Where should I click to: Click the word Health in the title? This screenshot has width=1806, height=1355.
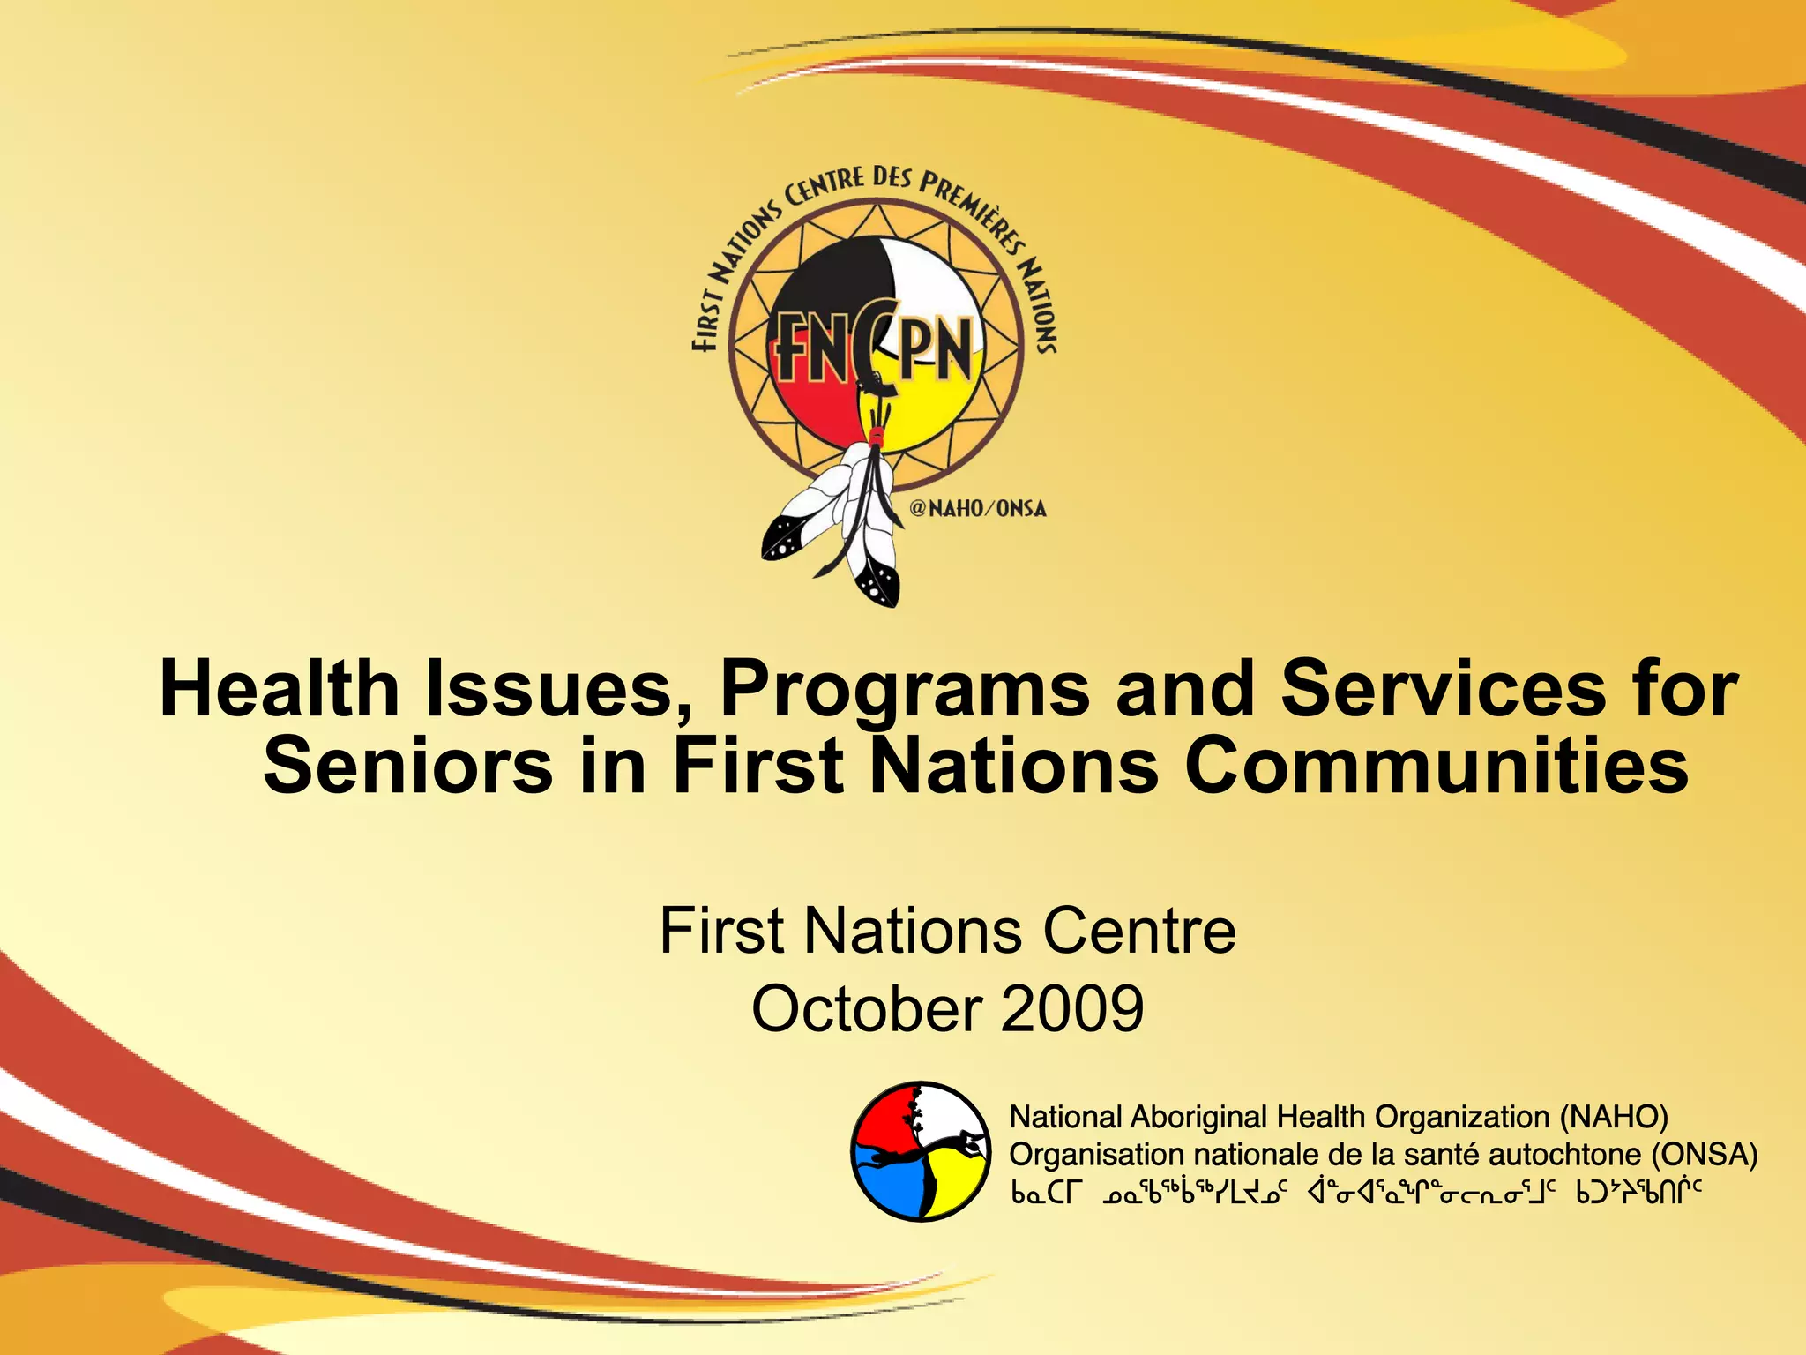click(280, 689)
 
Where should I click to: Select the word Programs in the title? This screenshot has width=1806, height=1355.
click(905, 689)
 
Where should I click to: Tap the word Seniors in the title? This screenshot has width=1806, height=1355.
click(408, 766)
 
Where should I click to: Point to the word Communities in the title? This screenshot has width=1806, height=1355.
click(1437, 766)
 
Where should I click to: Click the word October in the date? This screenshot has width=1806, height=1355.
click(867, 1008)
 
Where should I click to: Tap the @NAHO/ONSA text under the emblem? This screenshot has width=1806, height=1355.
click(977, 508)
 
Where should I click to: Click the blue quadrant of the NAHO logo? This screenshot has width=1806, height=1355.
click(886, 1182)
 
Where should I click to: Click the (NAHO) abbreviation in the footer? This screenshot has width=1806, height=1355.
click(1613, 1118)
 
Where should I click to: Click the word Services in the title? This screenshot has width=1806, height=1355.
click(1443, 689)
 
